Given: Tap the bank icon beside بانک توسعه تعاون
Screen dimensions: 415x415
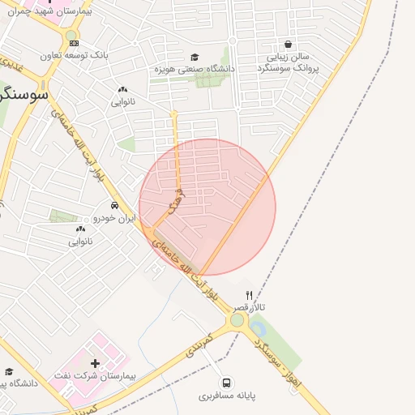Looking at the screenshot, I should click(73, 44).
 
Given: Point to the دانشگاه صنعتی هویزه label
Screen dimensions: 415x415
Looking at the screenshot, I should click(195, 70).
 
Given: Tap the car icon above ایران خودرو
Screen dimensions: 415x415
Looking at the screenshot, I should click(115, 205).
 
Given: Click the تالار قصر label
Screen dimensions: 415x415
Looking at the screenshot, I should click(247, 308).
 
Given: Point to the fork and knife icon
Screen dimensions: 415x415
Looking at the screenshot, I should click(249, 295).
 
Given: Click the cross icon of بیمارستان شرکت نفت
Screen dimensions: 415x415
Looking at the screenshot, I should click(96, 364).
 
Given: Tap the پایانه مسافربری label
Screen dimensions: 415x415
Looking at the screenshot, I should click(227, 397).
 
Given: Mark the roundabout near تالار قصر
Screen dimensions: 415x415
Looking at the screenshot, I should click(237, 320).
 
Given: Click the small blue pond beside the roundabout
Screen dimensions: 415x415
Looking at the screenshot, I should click(257, 328).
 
